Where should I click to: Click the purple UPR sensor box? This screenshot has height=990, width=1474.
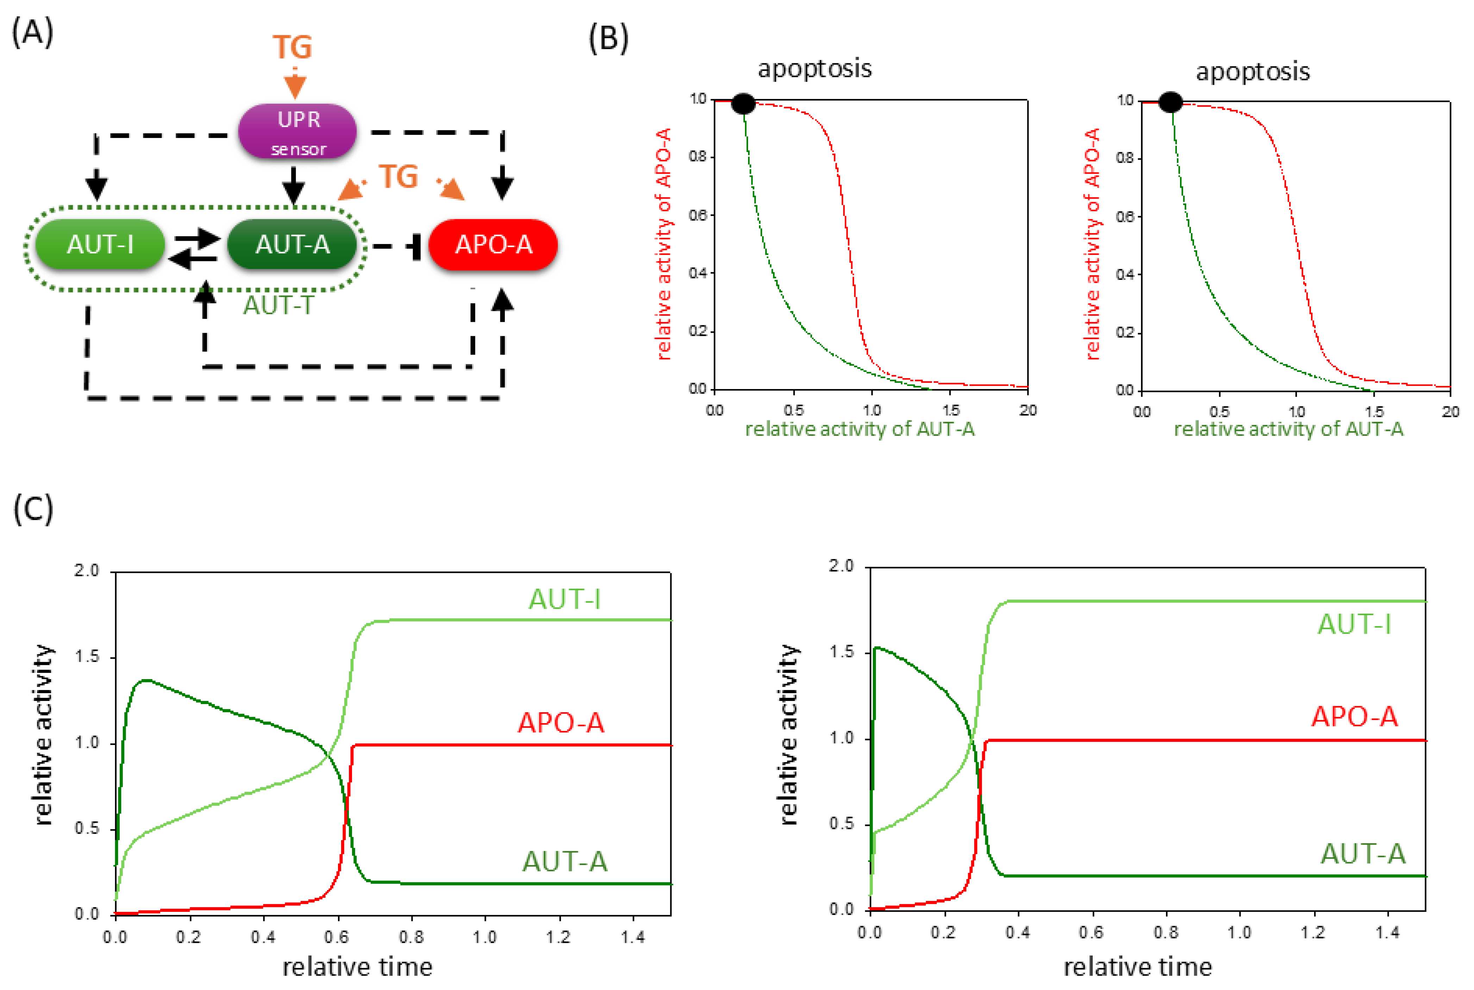click(x=297, y=131)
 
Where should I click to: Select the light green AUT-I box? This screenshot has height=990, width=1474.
click(x=100, y=244)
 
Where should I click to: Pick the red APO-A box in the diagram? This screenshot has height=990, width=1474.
click(x=493, y=244)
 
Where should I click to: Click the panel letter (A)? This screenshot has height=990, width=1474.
click(x=32, y=32)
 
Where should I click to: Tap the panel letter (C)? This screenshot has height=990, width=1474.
click(x=33, y=509)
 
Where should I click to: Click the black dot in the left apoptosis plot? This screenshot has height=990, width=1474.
click(x=743, y=103)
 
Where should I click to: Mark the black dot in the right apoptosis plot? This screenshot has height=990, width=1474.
click(x=1170, y=102)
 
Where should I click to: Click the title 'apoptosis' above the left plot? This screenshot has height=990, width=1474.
click(x=814, y=68)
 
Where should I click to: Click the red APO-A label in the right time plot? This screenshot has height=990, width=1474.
click(x=1354, y=716)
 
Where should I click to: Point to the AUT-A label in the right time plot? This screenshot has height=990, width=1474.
click(x=1363, y=854)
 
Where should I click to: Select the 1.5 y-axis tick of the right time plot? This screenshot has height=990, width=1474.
click(x=842, y=652)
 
